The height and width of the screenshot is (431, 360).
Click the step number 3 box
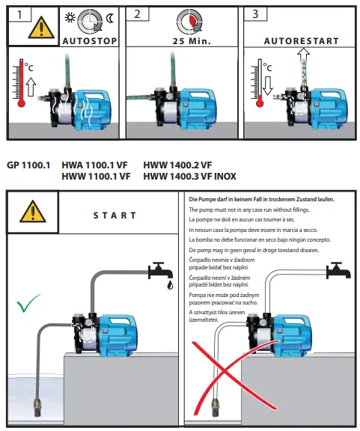257,14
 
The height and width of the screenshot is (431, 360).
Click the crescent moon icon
110,16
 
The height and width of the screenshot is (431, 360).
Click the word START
115,216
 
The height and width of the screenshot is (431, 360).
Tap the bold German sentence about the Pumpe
261,200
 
